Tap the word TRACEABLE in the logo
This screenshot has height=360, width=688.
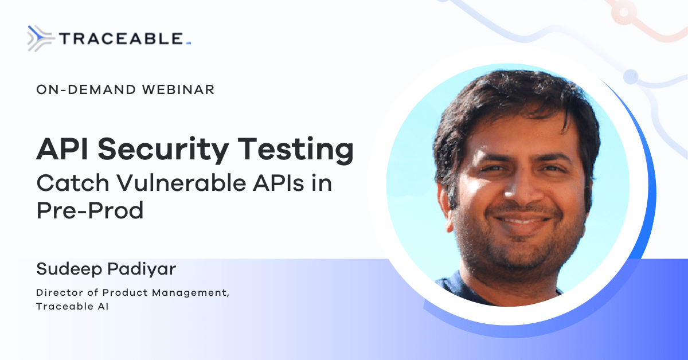(x=122, y=39)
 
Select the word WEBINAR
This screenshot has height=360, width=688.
(x=178, y=89)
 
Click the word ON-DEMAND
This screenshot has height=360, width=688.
(x=86, y=89)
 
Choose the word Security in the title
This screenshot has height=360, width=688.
(x=163, y=150)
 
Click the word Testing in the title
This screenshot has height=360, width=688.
(x=295, y=150)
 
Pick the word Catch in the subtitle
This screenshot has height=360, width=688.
(x=73, y=183)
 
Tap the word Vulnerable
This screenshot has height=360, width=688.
(x=181, y=183)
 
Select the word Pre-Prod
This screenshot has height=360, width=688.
(x=89, y=210)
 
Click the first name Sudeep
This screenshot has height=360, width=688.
(x=69, y=269)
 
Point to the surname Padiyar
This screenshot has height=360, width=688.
(x=142, y=269)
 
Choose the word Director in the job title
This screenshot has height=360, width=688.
(x=59, y=292)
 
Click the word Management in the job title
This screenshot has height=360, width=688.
(x=191, y=293)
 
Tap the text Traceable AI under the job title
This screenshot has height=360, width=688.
(x=72, y=306)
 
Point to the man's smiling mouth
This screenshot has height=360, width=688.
(x=522, y=222)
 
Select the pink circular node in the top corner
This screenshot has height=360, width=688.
(x=624, y=12)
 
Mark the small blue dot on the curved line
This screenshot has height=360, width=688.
(x=631, y=76)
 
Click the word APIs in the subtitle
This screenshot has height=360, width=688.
(x=278, y=183)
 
